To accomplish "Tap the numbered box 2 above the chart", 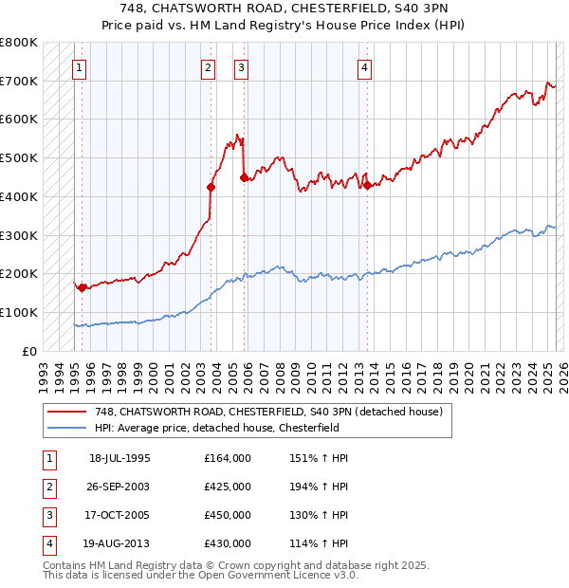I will (x=208, y=67).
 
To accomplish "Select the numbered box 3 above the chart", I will (x=242, y=67).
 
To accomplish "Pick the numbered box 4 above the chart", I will (x=364, y=67).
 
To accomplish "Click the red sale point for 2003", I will (x=211, y=187).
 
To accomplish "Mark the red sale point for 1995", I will (x=83, y=287).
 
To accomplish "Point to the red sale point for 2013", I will (x=367, y=185).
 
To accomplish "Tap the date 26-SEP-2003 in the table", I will (x=119, y=487).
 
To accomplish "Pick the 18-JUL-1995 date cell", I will (x=119, y=458).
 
